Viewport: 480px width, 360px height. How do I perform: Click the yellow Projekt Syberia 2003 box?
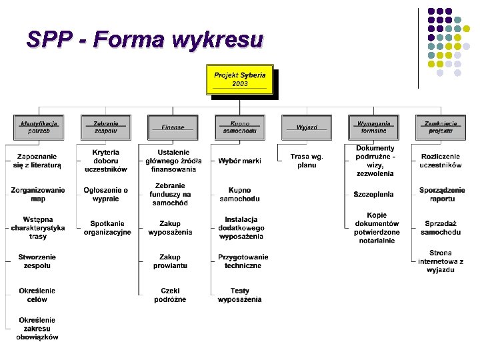point(239,79)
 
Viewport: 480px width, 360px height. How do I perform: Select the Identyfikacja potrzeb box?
point(39,127)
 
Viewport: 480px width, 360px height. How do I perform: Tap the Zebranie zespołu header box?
point(105,127)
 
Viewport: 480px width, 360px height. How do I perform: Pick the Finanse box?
point(173,127)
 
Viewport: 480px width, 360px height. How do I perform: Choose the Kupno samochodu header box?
point(239,127)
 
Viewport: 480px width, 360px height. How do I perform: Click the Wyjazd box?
point(307,127)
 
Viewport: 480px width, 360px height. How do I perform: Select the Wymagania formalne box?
point(373,127)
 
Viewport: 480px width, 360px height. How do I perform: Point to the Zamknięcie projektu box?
point(441,127)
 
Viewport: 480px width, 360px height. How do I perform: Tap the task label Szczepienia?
point(373,195)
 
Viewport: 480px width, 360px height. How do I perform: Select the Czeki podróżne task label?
point(170,295)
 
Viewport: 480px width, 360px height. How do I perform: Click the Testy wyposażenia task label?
point(240,295)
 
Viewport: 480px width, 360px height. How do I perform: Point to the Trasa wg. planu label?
point(307,161)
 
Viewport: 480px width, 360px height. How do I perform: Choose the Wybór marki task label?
point(239,161)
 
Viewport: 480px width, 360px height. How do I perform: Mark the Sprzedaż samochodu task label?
point(441,228)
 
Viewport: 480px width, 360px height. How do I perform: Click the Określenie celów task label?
point(37,295)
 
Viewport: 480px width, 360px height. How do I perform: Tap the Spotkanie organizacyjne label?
point(107,228)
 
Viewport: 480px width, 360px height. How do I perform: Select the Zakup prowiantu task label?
point(170,261)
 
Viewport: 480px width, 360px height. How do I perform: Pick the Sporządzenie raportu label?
point(441,195)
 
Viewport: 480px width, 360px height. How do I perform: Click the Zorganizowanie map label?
point(38,195)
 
